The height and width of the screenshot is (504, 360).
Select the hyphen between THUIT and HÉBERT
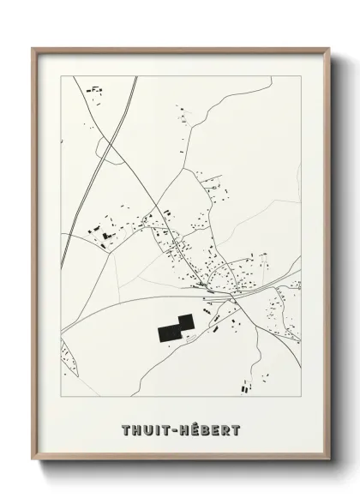[x=175, y=429]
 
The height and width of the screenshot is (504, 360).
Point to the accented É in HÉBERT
[x=192, y=428]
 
